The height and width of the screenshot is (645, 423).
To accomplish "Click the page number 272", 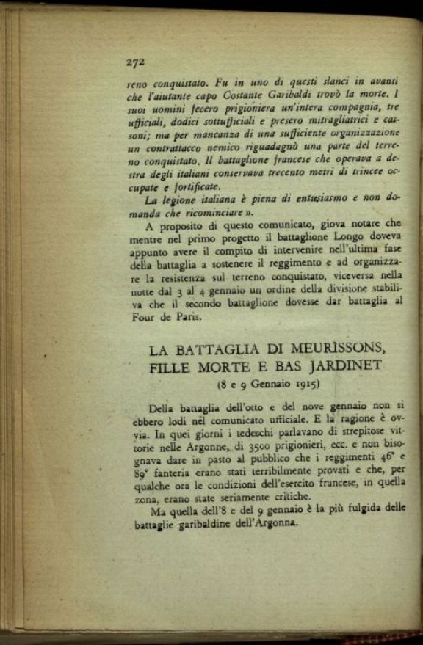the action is click(134, 62).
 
